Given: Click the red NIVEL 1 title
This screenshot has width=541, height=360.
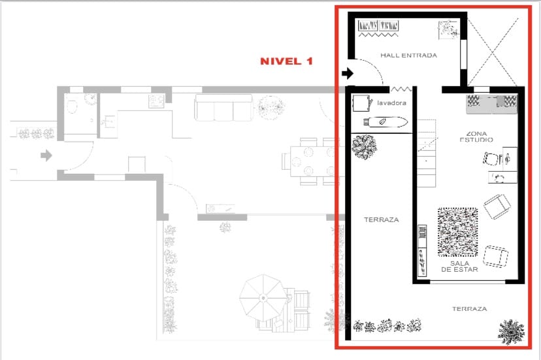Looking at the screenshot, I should click(286, 61).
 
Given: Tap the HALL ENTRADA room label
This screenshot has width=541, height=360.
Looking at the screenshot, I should click(408, 56).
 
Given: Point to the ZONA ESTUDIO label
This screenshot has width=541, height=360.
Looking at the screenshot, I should click(480, 136).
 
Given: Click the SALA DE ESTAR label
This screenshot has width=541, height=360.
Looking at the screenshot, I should click(459, 266).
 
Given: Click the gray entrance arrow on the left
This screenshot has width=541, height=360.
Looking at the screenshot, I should click(46, 155).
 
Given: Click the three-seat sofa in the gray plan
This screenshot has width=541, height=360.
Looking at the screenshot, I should click(223, 108).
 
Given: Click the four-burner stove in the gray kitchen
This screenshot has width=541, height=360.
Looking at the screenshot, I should click(156, 101).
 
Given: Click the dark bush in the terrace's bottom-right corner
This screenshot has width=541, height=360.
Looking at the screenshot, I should click(511, 331).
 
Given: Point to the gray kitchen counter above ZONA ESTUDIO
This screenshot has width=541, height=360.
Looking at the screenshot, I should click(491, 101).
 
